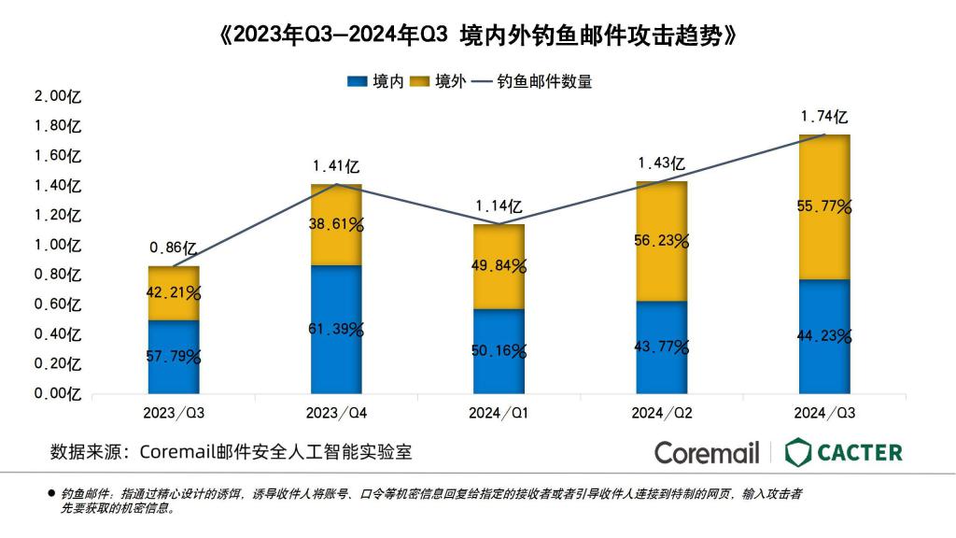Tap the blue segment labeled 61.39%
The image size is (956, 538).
[x=336, y=329]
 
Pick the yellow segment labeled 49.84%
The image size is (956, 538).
[x=499, y=266]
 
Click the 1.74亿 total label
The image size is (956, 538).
[x=824, y=118]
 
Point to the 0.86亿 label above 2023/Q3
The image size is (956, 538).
[x=173, y=248]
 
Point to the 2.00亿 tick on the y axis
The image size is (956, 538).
[x=59, y=96]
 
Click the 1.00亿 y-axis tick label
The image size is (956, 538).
[x=59, y=245]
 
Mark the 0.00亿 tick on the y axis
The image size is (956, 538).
[x=59, y=393]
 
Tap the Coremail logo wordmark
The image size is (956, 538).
[x=707, y=453]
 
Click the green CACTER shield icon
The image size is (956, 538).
[x=798, y=453]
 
